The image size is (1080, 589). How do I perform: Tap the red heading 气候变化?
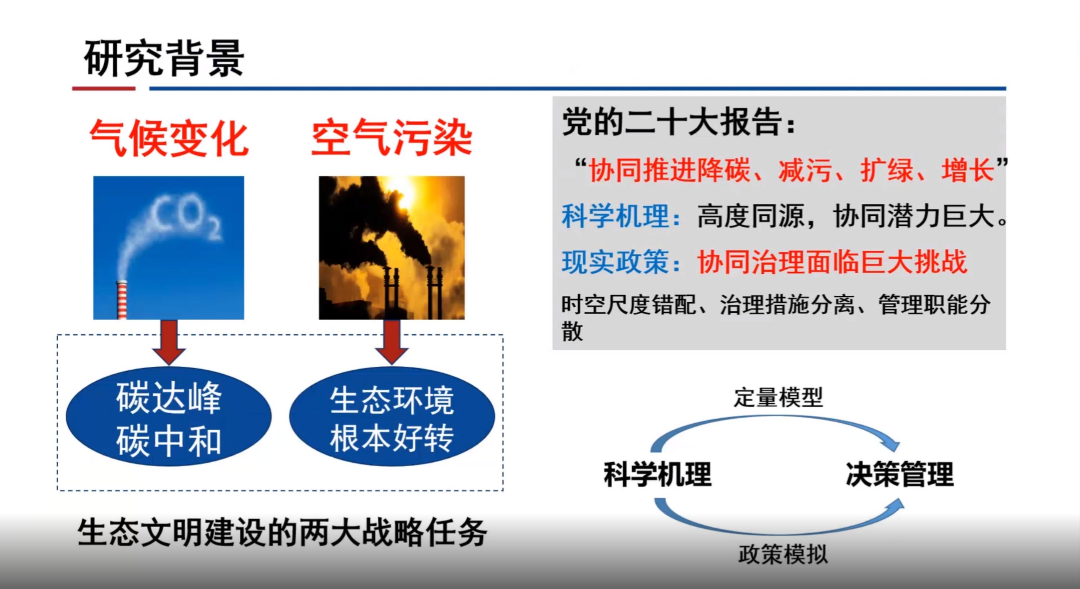coord(169,138)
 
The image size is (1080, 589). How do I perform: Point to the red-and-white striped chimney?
coord(122,300)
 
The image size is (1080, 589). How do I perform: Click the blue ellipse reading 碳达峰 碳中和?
coord(169,417)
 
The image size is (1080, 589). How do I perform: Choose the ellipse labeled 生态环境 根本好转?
coord(392,417)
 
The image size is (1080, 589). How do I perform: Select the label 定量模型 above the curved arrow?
coord(778,397)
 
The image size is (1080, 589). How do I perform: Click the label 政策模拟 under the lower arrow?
coord(783,554)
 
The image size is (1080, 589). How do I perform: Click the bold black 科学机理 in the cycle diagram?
coord(658,474)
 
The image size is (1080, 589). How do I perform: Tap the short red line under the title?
coord(103,88)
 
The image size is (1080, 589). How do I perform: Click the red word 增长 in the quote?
coord(968,171)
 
